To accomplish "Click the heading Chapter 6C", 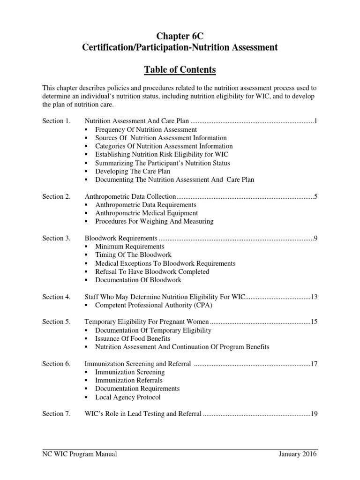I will (x=180, y=35).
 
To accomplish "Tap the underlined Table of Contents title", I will (x=180, y=70).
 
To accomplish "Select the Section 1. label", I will (x=56, y=121).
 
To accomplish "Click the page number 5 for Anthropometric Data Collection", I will (x=316, y=196).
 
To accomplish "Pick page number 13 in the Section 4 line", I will (x=314, y=297).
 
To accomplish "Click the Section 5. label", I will (x=56, y=322).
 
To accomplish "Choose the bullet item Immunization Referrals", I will (x=129, y=380).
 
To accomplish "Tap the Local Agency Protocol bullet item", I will (x=127, y=397).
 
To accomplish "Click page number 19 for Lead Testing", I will (x=314, y=414).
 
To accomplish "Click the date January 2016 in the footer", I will (x=297, y=454).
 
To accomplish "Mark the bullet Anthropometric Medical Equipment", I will (x=146, y=213).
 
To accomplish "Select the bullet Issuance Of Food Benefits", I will (x=133, y=338).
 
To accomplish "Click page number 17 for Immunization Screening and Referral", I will (x=314, y=364).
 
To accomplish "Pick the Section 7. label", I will (x=56, y=414).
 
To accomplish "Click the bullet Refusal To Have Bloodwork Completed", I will (x=152, y=272).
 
